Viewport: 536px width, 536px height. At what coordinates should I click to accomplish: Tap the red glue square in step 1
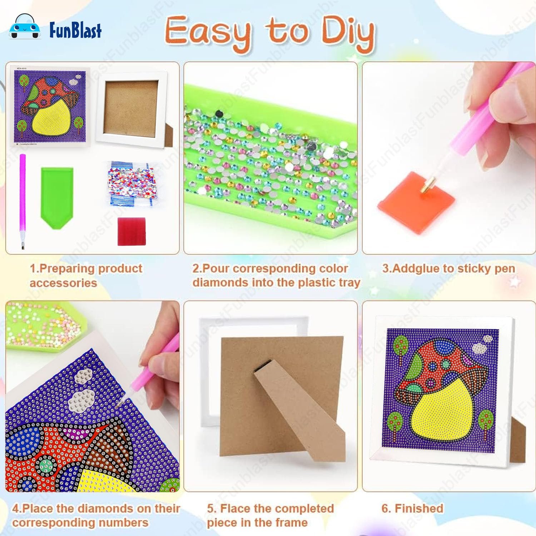coord(132,231)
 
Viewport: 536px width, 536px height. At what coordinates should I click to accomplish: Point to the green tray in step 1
coord(57,197)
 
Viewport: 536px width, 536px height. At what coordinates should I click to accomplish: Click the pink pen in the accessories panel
coord(23,202)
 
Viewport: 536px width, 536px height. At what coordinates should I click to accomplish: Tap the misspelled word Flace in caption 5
coord(237,508)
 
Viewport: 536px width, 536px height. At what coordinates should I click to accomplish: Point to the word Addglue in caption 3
coord(416,268)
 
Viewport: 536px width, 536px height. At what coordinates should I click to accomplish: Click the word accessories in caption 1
coord(63,283)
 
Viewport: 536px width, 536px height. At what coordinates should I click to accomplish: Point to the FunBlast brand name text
coord(75,30)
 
